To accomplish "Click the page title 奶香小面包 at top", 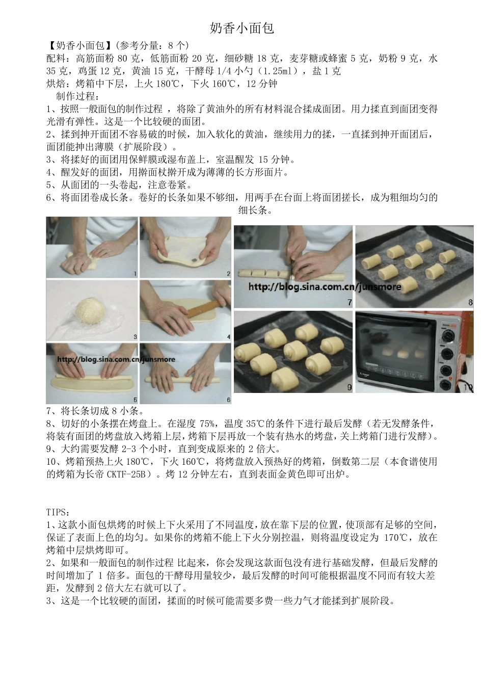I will pyautogui.click(x=242, y=28).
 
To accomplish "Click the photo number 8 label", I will pyautogui.click(x=470, y=302).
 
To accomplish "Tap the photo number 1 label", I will pyautogui.click(x=135, y=274).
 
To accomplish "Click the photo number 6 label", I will pyautogui.click(x=229, y=400).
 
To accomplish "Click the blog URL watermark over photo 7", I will pyautogui.click(x=325, y=286).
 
